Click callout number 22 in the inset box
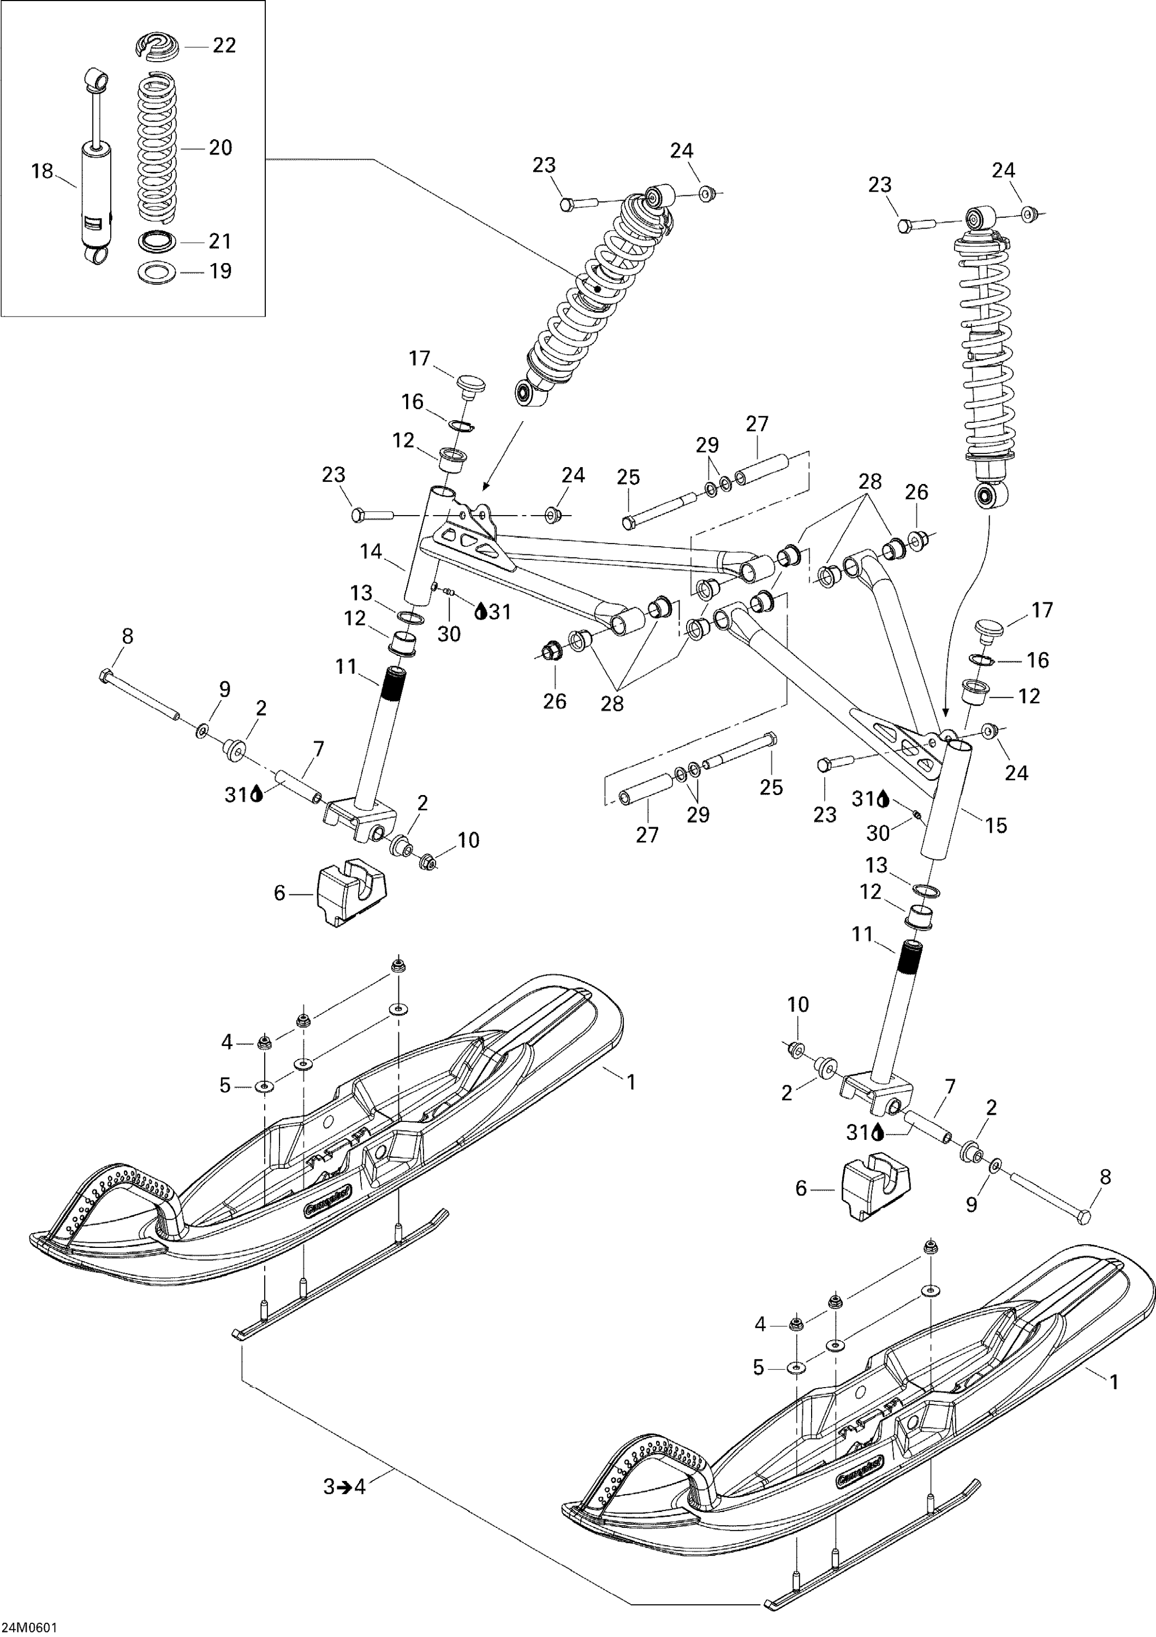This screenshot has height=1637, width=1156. [224, 46]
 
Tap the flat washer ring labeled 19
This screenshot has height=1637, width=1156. [157, 272]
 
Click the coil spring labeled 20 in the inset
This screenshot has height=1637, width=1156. [157, 150]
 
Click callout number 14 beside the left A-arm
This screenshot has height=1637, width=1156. [371, 551]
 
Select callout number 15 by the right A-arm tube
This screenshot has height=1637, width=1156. [996, 826]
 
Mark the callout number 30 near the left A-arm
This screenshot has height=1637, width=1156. [449, 634]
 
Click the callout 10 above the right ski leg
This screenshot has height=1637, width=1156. [797, 1005]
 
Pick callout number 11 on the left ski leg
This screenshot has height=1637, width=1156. [346, 667]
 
